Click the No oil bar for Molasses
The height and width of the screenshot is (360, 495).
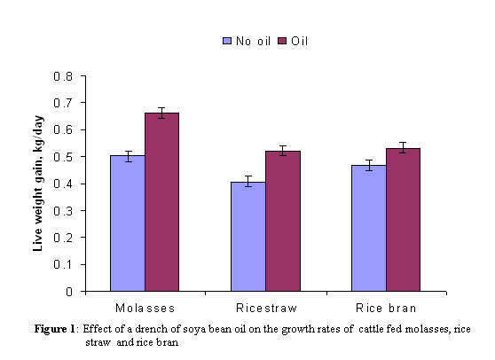(128, 223)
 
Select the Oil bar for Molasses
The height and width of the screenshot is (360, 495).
(162, 202)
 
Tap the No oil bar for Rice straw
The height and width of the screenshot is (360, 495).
(248, 237)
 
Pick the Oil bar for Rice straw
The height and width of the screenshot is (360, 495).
(283, 221)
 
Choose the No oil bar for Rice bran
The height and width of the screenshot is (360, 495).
(369, 228)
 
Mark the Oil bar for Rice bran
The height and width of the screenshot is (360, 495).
(403, 220)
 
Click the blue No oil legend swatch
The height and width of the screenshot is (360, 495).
(227, 41)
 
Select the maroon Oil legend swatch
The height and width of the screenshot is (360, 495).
(282, 41)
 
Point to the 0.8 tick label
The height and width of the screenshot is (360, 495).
(63, 76)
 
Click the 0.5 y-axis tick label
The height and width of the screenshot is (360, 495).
(63, 157)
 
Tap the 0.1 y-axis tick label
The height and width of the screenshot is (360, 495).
(63, 264)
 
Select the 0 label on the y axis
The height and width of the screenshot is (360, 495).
(69, 292)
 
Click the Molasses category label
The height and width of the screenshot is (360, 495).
(145, 308)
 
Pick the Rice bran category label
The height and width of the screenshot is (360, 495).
(386, 308)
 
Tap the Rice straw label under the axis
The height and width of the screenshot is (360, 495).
(266, 308)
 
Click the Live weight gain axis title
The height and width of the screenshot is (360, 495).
(38, 184)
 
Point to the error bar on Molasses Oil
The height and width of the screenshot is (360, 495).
(162, 113)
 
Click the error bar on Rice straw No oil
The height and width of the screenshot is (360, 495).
(248, 181)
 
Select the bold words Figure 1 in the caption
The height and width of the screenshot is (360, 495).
(55, 329)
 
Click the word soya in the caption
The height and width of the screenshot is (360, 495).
(192, 330)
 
